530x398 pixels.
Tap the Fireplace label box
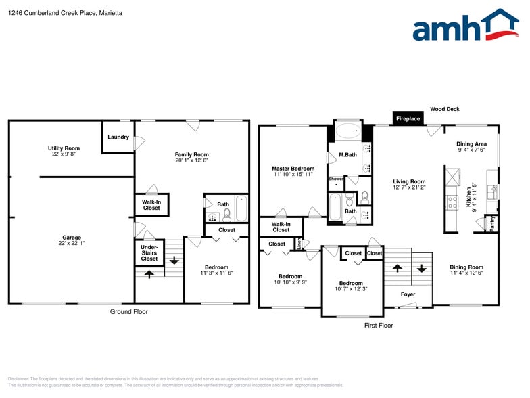(408, 118)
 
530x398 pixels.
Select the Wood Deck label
(445, 108)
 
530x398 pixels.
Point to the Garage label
(72, 238)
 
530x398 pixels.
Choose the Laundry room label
(118, 137)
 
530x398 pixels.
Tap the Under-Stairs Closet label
(149, 253)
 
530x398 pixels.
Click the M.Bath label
(348, 155)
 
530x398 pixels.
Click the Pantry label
(492, 223)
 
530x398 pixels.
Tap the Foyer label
(408, 294)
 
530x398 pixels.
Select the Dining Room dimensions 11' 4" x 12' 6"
(466, 273)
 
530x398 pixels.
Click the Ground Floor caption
(128, 312)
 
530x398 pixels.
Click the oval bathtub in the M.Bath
(349, 131)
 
